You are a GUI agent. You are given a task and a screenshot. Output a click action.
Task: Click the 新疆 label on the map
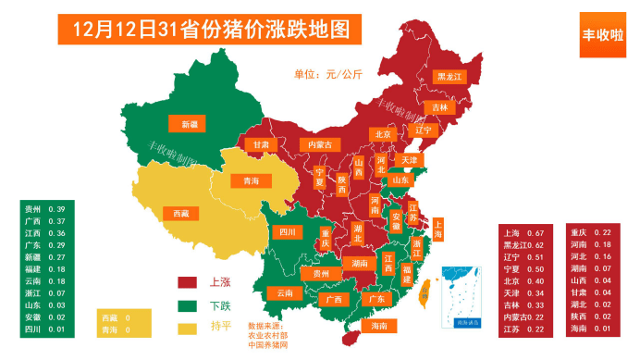(189, 123)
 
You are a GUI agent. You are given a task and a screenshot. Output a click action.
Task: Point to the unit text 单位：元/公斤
(328, 73)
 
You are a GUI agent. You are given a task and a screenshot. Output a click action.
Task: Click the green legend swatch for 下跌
(190, 304)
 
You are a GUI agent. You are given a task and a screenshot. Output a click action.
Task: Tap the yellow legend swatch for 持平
(190, 327)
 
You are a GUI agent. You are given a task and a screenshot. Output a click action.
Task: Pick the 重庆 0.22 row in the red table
(591, 232)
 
